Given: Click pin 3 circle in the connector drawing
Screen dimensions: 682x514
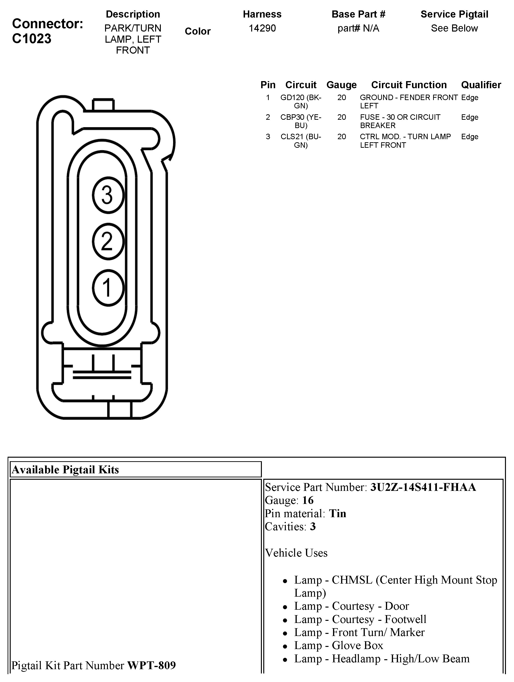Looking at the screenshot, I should tap(108, 195).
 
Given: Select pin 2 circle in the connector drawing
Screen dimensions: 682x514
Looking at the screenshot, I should tap(108, 241).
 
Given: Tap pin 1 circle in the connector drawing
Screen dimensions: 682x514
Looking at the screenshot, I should tap(108, 287).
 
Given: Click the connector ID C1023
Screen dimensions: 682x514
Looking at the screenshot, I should tap(32, 39).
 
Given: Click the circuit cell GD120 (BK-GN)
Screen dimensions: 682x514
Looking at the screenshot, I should tap(301, 101).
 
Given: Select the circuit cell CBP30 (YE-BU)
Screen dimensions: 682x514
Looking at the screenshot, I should tap(301, 121).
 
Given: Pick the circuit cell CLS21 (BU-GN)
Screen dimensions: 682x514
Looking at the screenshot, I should tap(301, 141).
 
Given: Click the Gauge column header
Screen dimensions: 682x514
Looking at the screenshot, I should tap(341, 85).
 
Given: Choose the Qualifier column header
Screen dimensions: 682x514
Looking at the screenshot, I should tap(481, 85).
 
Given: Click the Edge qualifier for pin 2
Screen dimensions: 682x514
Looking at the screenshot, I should tap(469, 117).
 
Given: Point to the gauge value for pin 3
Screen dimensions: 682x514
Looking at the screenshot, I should tap(341, 137).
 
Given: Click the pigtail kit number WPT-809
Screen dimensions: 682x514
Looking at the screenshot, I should tap(151, 665).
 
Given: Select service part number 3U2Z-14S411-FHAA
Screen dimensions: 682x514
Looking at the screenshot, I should tap(423, 487).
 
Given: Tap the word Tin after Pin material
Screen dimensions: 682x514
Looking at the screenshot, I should tap(337, 513).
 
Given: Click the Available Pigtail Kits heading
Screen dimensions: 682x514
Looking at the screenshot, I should tap(65, 469).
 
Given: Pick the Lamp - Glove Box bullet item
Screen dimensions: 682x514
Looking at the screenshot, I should tap(338, 645).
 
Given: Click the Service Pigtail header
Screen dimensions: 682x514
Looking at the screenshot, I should tap(454, 14).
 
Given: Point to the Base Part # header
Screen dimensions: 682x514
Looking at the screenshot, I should tap(358, 14).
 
